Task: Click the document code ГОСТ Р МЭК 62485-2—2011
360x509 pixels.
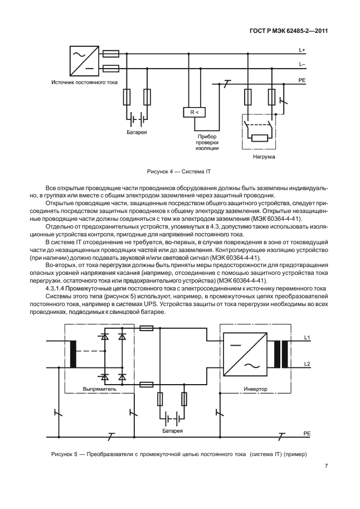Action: coord(295,31)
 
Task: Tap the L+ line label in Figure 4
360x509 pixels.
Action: coord(302,51)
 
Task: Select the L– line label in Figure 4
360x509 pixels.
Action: coord(302,65)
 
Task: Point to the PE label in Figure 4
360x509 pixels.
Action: coord(302,80)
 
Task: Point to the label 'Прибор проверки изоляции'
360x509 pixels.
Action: coord(206,142)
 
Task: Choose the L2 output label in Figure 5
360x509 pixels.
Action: coord(307,364)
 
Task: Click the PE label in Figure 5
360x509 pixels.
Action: coord(307,433)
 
